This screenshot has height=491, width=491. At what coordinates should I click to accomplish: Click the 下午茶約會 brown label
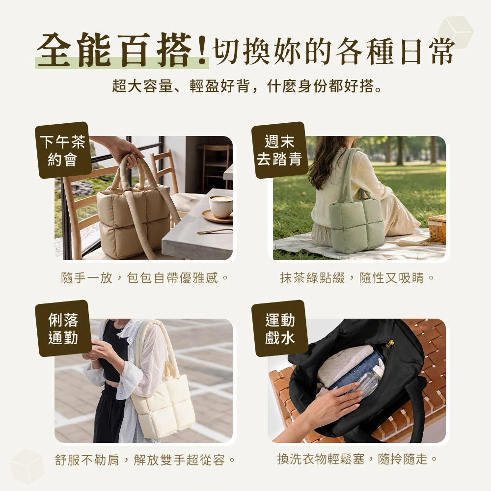63,150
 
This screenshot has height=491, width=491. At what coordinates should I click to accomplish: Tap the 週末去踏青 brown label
279,150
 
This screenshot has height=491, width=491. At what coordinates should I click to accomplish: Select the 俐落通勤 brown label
63,328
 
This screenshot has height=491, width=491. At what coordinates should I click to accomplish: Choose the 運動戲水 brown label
280,328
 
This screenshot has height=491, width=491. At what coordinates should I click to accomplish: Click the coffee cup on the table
221,206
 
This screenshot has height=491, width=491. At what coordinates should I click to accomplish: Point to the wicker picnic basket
437,229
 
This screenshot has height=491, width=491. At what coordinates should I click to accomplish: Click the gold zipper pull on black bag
389,344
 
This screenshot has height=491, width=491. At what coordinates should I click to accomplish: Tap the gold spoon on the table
215,231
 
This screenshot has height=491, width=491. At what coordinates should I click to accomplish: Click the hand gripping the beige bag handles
127,153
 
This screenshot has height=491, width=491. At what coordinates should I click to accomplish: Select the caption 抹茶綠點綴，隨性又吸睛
357,277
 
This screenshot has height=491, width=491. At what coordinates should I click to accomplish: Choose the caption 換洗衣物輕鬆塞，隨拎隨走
357,459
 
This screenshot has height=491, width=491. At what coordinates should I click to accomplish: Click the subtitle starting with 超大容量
247,86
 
